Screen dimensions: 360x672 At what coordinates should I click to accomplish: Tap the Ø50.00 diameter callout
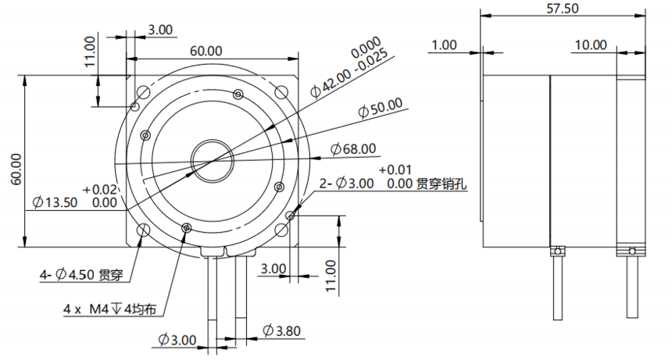tap(381, 106)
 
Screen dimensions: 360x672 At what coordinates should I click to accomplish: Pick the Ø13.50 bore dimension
tap(55, 202)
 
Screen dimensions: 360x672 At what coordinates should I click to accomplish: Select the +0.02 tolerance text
tap(104, 189)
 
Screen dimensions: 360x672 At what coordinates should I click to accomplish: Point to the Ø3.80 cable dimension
tap(281, 331)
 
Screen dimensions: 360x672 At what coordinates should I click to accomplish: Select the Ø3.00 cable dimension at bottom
tap(177, 340)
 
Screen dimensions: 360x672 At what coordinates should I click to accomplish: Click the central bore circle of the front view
tap(210, 160)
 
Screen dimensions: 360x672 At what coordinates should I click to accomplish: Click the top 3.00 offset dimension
tap(160, 30)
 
